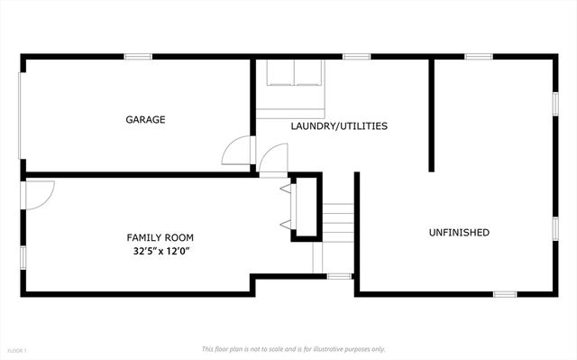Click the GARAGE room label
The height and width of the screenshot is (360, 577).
(x=145, y=119)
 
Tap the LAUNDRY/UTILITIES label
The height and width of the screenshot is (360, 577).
(x=339, y=126)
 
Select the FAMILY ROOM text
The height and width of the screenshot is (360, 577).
(x=160, y=237)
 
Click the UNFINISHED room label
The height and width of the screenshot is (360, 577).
(x=458, y=233)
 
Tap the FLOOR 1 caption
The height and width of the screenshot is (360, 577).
(x=17, y=350)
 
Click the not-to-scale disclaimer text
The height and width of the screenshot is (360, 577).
(x=293, y=348)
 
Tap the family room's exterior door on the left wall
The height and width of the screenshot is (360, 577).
(x=40, y=192)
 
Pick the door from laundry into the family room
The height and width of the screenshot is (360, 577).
(x=272, y=160)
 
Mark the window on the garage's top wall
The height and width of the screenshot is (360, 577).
(x=137, y=57)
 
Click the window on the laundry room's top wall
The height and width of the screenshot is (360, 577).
(x=356, y=57)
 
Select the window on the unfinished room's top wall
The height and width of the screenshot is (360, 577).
(x=478, y=57)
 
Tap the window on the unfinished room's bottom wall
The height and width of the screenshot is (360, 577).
(x=504, y=293)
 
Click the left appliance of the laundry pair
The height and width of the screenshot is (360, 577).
(x=279, y=73)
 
